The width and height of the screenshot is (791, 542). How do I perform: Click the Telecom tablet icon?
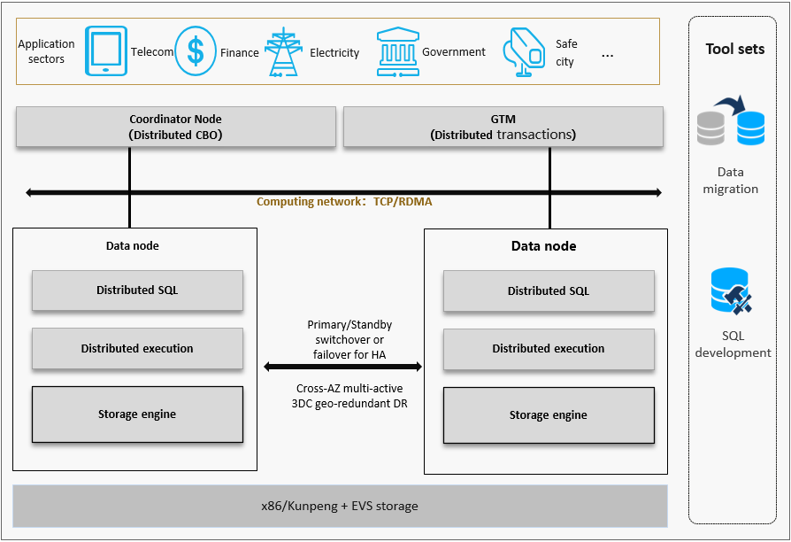click(x=106, y=50)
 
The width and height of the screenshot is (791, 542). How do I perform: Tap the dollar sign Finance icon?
click(x=196, y=51)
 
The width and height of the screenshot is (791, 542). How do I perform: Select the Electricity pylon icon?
click(x=284, y=51)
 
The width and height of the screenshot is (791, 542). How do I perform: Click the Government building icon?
click(x=396, y=51)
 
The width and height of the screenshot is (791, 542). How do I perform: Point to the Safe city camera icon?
click(x=524, y=52)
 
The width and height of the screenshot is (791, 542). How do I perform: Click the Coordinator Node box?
click(x=175, y=127)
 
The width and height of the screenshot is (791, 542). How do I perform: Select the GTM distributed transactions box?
click(x=503, y=127)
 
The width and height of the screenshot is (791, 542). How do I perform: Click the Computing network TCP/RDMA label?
click(x=344, y=202)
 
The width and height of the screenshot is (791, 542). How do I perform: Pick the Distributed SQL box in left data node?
click(x=137, y=290)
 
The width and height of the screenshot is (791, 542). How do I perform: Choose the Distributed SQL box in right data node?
click(x=549, y=290)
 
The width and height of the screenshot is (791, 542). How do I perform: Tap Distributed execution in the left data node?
click(x=137, y=349)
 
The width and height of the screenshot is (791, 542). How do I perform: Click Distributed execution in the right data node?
click(x=549, y=349)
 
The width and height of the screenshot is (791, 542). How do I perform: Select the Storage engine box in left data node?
click(x=137, y=414)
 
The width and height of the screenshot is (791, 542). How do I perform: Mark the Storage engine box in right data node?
click(x=549, y=414)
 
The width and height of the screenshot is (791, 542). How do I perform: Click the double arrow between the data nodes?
click(x=343, y=366)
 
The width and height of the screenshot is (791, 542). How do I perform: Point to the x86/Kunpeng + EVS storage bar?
click(x=340, y=507)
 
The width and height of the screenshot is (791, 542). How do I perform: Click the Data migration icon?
click(x=731, y=125)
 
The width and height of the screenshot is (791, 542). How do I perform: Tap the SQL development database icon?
click(x=731, y=293)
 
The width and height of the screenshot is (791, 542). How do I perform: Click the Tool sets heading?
click(x=734, y=49)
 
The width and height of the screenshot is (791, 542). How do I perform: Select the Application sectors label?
click(x=46, y=51)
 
